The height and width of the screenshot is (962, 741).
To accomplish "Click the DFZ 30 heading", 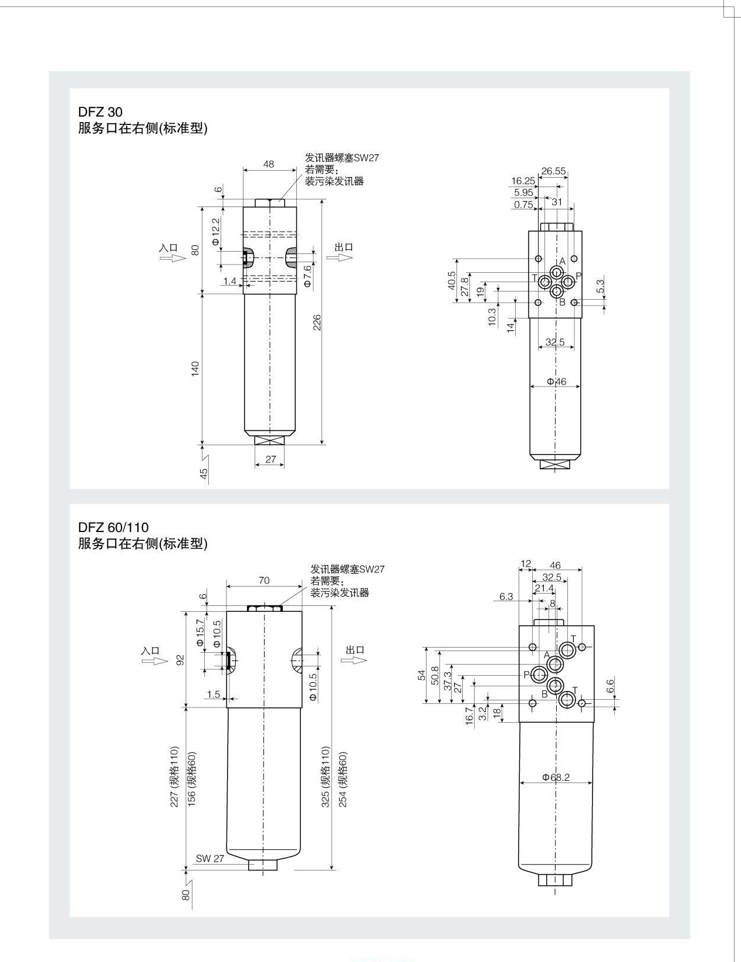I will pyautogui.click(x=100, y=111).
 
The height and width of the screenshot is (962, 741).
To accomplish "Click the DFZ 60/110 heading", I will pyautogui.click(x=113, y=527).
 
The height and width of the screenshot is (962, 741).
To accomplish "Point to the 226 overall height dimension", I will pyautogui.click(x=316, y=322).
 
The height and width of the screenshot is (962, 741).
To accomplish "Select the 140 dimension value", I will pyautogui.click(x=195, y=368).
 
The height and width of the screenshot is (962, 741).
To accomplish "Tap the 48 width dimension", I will pyautogui.click(x=269, y=164).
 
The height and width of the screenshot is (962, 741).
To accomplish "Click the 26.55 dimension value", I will pyautogui.click(x=553, y=171).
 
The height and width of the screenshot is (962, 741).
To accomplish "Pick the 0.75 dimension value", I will pyautogui.click(x=523, y=205).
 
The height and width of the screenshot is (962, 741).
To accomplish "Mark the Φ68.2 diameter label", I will pyautogui.click(x=556, y=777).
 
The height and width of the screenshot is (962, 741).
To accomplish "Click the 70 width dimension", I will pyautogui.click(x=264, y=580).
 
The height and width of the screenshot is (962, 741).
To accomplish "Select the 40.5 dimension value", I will pyautogui.click(x=451, y=280).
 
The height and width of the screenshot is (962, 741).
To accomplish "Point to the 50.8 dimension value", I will pyautogui.click(x=435, y=676).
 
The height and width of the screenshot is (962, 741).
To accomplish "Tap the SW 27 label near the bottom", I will pyautogui.click(x=210, y=858).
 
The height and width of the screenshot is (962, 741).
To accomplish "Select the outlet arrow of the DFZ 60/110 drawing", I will pyautogui.click(x=354, y=660).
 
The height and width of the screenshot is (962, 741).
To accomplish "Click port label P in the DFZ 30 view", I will pyautogui.click(x=578, y=276).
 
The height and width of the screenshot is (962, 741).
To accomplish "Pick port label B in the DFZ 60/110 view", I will pyautogui.click(x=544, y=694).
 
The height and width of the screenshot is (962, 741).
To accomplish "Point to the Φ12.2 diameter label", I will pyautogui.click(x=215, y=232).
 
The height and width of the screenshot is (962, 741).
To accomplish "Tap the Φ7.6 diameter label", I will pyautogui.click(x=307, y=276).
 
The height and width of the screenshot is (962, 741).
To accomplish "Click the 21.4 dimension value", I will pyautogui.click(x=544, y=588).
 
